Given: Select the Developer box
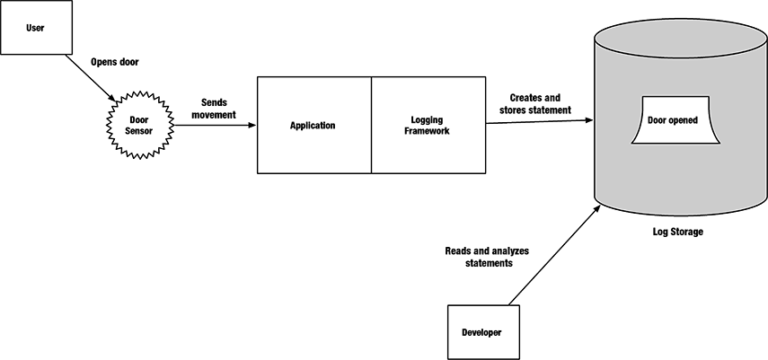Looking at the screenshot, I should coord(481,332).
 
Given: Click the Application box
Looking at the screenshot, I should coord(313,126).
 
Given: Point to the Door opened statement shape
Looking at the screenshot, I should coord(672,120).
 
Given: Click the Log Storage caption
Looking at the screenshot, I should coord(676,232).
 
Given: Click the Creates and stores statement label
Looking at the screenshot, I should coord(534,103).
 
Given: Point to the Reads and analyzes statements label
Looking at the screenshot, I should coord(488,257).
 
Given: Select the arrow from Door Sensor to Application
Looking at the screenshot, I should coord(214,125).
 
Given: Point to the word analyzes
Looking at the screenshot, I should coord(508,250).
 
